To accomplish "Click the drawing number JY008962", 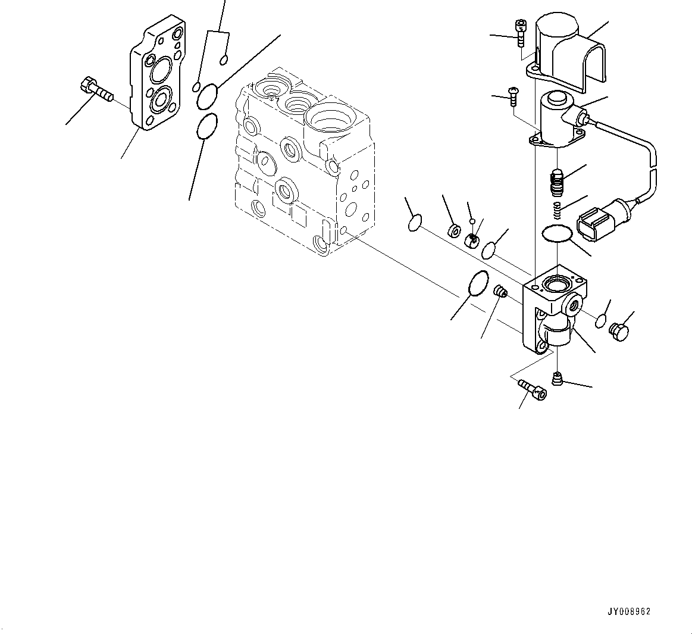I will point(629,611).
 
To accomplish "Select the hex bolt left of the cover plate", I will point(95,90).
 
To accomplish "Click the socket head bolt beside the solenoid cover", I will point(521,32).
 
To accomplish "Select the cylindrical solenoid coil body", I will point(559,118).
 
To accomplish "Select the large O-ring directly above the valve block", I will point(557,235).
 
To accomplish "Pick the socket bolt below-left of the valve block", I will point(533,389).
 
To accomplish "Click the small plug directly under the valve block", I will point(557,378).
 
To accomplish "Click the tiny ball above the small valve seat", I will point(472,221).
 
